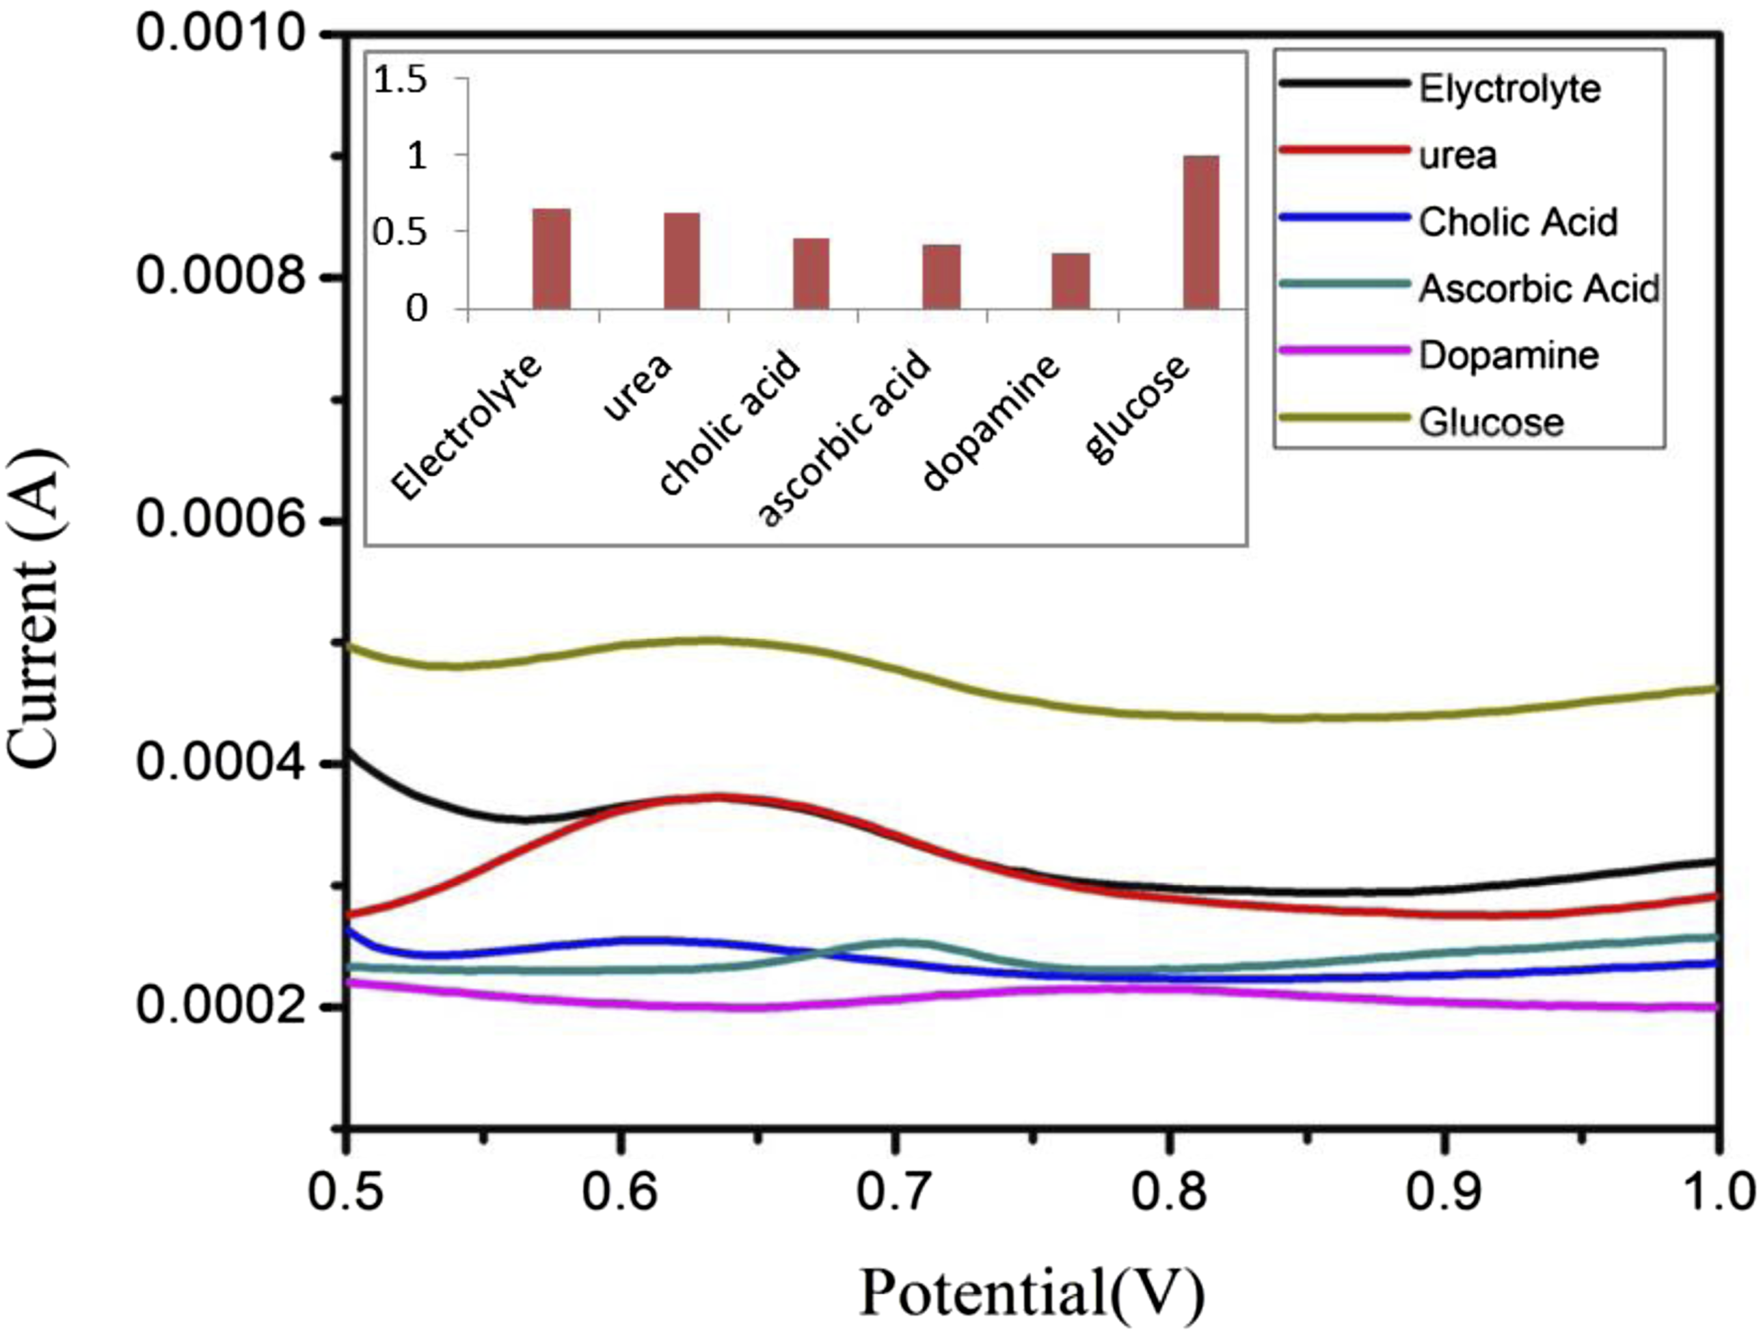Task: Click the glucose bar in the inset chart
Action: [1201, 232]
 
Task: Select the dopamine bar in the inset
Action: [1071, 280]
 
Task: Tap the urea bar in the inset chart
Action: [682, 261]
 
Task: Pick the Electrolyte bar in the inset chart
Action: [552, 258]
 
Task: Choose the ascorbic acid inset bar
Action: [942, 276]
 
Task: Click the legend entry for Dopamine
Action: [1509, 355]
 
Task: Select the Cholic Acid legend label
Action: [1518, 222]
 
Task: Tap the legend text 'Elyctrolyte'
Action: [1509, 89]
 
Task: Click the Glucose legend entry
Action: [1491, 422]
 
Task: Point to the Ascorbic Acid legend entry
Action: [1539, 288]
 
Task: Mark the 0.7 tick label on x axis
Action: [894, 1193]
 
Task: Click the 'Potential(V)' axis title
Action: [1032, 1291]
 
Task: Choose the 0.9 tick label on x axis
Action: [1442, 1193]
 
